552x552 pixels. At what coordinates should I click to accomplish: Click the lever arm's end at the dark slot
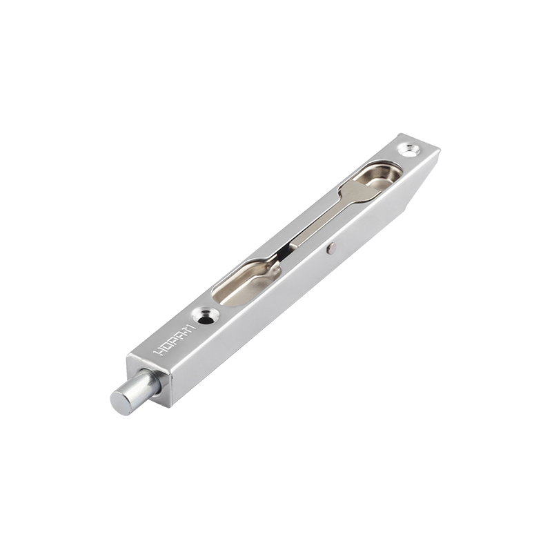[x=283, y=250]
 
